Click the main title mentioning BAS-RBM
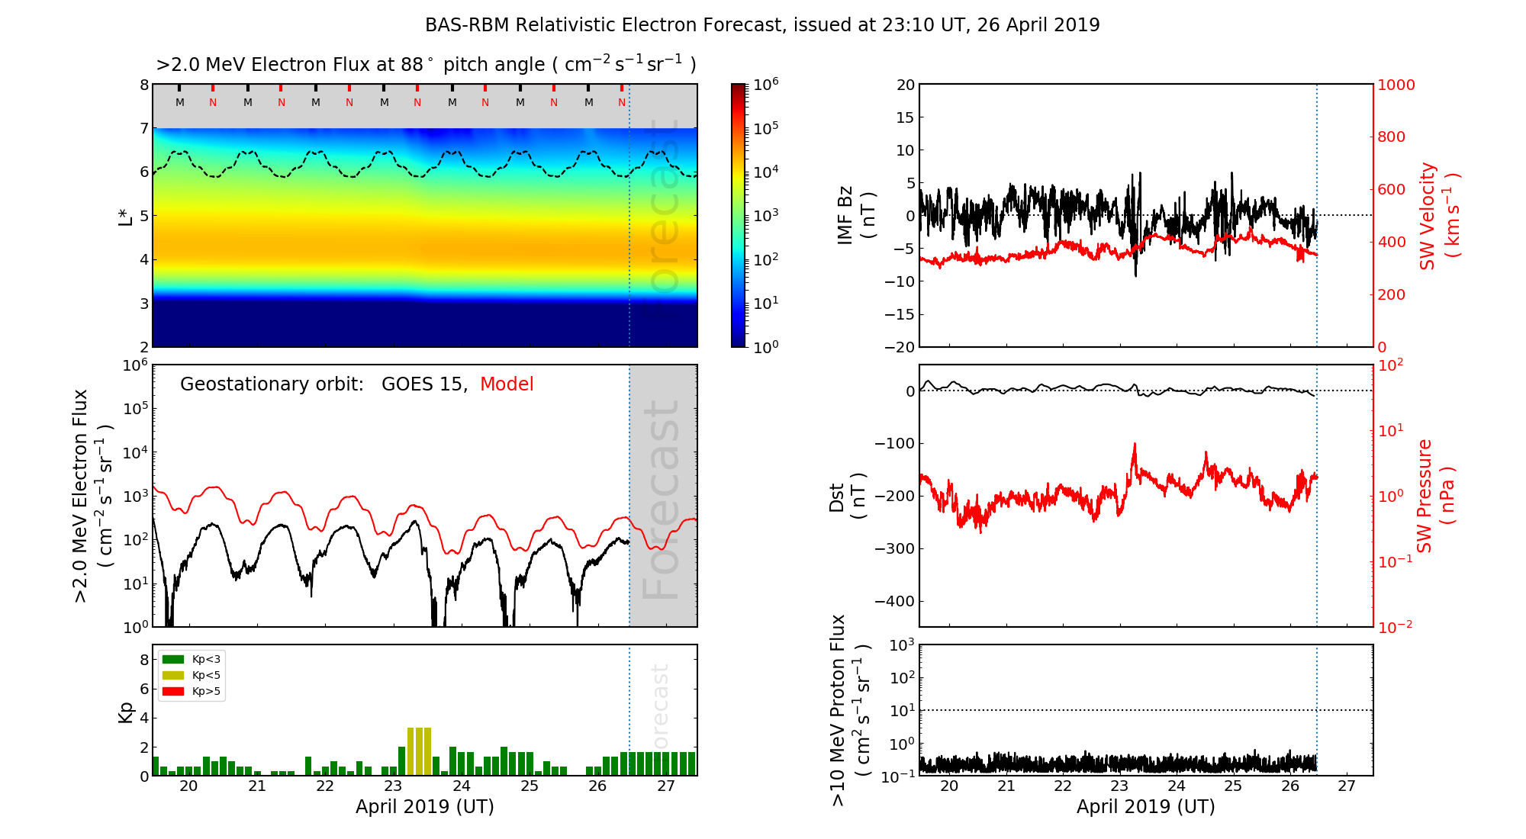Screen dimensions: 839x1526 point(762,25)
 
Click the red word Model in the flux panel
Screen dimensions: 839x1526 point(507,384)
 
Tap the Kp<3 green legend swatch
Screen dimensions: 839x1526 point(173,659)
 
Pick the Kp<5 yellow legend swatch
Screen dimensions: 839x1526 point(173,675)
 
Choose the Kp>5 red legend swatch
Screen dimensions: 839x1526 point(173,692)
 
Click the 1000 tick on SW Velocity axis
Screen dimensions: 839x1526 point(1396,85)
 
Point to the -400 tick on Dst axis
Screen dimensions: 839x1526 point(893,601)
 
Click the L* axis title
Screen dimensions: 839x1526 point(125,215)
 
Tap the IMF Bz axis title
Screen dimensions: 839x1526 point(856,215)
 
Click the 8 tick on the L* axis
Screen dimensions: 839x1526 point(143,85)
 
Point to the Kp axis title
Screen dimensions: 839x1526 point(125,712)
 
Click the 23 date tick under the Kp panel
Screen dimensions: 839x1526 point(393,786)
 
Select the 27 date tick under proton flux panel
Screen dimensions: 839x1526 point(1347,786)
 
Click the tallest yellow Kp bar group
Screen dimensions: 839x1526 point(419,751)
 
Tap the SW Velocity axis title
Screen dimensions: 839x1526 point(1439,215)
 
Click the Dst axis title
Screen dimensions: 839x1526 point(847,496)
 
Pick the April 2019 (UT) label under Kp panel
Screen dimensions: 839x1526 point(425,807)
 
